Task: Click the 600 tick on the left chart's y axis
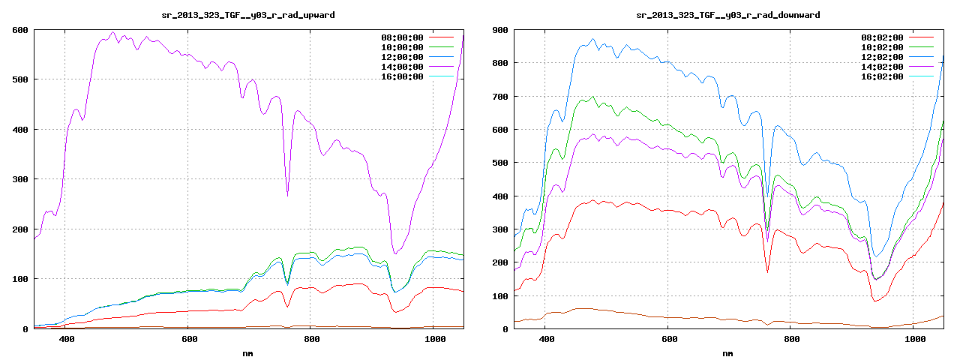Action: tap(19, 30)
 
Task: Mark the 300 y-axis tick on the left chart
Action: tap(19, 179)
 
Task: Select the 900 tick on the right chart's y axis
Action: tap(499, 30)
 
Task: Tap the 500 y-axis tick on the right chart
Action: tap(499, 163)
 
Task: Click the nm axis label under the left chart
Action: tap(248, 352)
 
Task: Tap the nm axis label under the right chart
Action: tap(727, 352)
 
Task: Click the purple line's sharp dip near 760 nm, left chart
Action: tap(287, 195)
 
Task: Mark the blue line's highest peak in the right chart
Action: tap(592, 39)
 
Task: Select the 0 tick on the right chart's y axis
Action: tap(505, 329)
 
